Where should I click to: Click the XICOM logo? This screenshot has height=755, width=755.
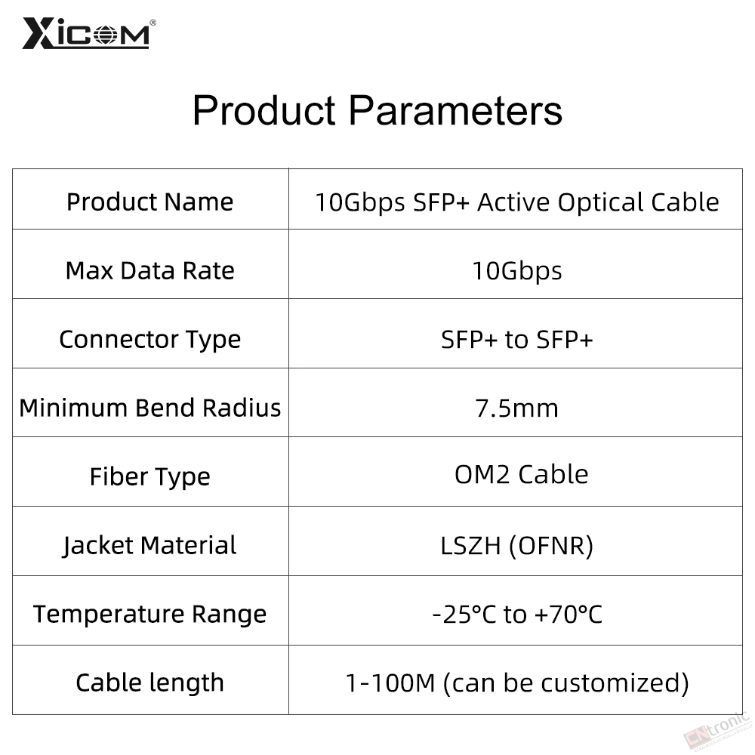[89, 33]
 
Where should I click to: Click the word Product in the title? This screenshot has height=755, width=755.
[263, 110]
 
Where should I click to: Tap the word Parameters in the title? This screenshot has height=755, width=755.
[455, 110]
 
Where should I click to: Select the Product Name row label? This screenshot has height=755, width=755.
[149, 202]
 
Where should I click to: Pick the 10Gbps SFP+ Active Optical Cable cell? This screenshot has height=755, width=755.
[516, 202]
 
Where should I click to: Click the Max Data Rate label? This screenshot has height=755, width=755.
[149, 270]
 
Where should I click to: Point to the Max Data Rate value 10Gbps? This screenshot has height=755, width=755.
[516, 271]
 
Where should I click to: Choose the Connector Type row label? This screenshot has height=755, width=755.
[149, 340]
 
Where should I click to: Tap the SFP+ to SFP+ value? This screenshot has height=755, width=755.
[516, 340]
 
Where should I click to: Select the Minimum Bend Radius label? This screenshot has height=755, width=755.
[149, 408]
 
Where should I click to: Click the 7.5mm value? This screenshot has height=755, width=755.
[516, 408]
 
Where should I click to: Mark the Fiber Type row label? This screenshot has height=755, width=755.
[149, 477]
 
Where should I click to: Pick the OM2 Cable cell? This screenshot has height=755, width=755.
[522, 475]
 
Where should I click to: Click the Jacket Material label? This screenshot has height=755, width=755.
[149, 546]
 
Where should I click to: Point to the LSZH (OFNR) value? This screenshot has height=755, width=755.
[516, 547]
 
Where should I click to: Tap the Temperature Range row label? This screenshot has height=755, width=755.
[149, 615]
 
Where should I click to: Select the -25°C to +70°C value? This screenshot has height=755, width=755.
[516, 615]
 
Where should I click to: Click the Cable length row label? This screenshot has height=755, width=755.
[149, 683]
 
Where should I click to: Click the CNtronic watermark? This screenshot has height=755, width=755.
[717, 732]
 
